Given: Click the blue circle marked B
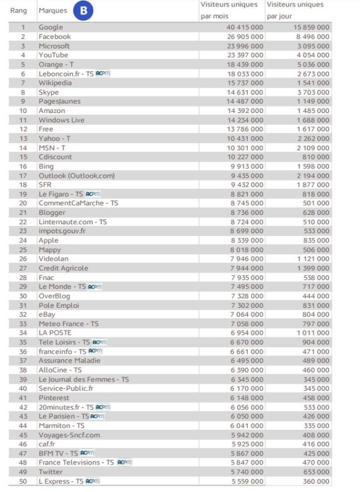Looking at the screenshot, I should click(x=84, y=11).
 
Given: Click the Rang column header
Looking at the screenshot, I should click(x=18, y=11).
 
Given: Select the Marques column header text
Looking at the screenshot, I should click(x=52, y=11).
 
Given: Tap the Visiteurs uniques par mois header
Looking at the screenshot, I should click(x=229, y=10).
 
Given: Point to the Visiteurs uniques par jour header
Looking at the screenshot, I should click(x=295, y=10).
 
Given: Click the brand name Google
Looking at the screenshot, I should click(x=51, y=27).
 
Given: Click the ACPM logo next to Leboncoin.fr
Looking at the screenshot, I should click(x=103, y=74).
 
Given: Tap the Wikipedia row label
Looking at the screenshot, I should click(x=55, y=83).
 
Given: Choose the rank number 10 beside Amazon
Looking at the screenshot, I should click(x=23, y=111).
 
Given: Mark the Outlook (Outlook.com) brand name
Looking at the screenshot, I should click(x=76, y=175).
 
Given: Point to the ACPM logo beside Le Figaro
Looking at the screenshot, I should click(x=94, y=194).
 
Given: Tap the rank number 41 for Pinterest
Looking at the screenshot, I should click(x=23, y=398).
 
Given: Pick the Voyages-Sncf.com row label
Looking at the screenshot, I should click(x=69, y=435).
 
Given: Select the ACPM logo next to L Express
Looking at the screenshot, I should click(x=93, y=481).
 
